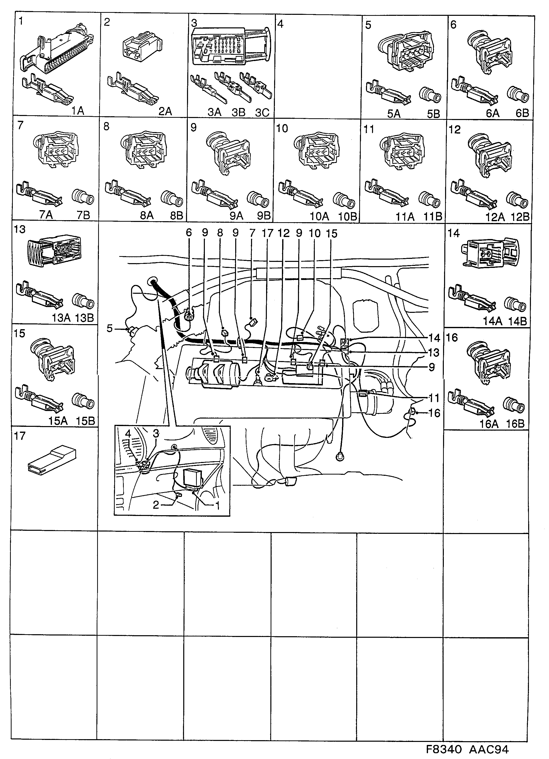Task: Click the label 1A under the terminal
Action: click(78, 111)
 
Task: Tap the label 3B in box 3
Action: click(238, 112)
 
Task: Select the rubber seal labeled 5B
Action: click(430, 95)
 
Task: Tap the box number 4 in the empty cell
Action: click(281, 24)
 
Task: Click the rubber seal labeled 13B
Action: click(84, 301)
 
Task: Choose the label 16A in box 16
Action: click(489, 424)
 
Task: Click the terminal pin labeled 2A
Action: click(133, 88)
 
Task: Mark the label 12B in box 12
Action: click(520, 217)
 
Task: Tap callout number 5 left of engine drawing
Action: click(110, 328)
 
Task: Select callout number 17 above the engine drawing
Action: click(267, 233)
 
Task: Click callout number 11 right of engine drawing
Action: click(434, 398)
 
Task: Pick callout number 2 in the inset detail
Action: click(156, 505)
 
